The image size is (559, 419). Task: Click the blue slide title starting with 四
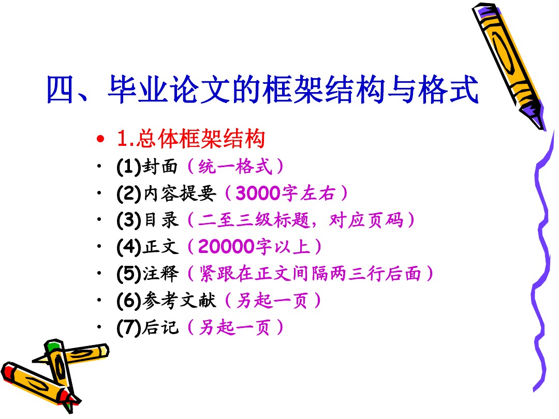[x=262, y=89]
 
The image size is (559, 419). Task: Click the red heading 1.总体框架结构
[x=191, y=139]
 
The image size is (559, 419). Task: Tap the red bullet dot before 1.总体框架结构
[x=100, y=139]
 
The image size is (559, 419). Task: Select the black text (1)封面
[x=147, y=167]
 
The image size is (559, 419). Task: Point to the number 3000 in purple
[x=258, y=193]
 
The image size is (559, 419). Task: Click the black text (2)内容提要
[x=166, y=193]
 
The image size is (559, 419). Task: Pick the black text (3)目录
[x=147, y=220]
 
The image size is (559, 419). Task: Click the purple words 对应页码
[x=366, y=220]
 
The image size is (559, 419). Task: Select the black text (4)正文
[x=147, y=247]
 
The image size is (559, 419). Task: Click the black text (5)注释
[x=147, y=273]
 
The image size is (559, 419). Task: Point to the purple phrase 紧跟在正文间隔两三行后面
[x=310, y=274]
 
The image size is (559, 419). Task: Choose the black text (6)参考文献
[x=166, y=301]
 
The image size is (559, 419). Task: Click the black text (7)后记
[x=147, y=327]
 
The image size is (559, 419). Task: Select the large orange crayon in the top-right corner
[x=509, y=66]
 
